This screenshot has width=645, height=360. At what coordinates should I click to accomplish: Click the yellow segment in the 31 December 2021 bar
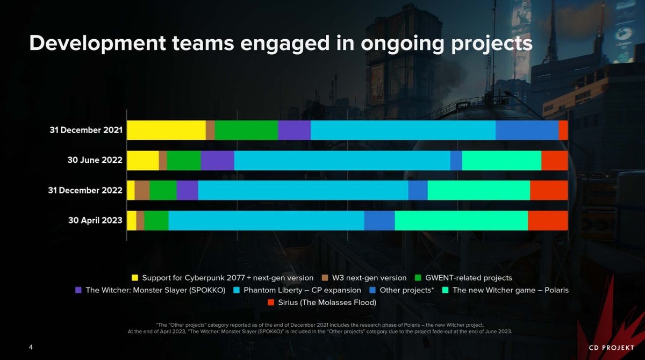[166, 130]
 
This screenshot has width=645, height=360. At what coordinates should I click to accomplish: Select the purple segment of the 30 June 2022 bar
[218, 160]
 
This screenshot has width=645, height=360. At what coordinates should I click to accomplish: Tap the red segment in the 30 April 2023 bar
[548, 220]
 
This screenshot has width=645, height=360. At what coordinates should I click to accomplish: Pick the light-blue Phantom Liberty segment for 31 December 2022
[303, 190]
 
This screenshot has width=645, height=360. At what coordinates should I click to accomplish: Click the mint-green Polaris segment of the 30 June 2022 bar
[501, 160]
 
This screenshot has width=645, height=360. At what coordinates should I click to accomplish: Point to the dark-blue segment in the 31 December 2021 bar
[527, 130]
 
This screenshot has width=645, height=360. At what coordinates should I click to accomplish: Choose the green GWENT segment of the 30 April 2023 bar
[156, 220]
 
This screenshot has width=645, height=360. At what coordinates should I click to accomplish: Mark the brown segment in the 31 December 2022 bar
[142, 190]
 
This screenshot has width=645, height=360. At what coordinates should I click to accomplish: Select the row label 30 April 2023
[95, 220]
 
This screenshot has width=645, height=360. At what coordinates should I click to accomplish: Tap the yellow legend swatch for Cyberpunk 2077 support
[135, 278]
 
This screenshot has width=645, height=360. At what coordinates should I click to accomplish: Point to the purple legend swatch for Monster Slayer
[78, 290]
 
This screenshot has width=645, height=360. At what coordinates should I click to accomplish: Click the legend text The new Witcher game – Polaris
[510, 290]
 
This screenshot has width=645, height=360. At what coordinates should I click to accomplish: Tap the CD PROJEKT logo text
[611, 348]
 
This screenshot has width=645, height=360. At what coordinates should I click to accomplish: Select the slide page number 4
[31, 347]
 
